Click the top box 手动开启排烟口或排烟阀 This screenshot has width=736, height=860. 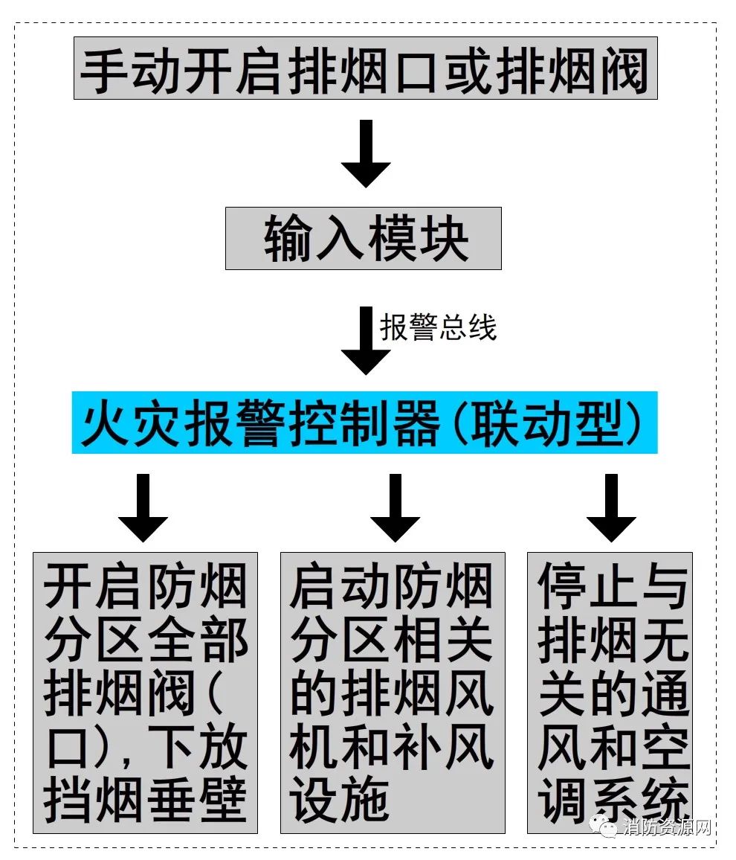click(366, 68)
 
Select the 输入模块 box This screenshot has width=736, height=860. click(364, 238)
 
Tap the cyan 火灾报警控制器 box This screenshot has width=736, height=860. click(364, 423)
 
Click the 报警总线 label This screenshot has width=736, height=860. click(438, 327)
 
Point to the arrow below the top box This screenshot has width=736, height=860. click(366, 153)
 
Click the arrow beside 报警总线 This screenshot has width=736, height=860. click(366, 341)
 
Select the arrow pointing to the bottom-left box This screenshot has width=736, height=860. click(143, 508)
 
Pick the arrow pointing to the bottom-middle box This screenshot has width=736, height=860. click(395, 508)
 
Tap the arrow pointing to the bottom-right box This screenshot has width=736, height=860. click(611, 508)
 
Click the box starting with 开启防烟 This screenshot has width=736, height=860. click(145, 693)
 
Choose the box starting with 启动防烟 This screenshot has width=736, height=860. click(393, 693)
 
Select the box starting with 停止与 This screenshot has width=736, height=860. click(610, 693)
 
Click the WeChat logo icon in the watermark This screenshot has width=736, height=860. click(605, 826)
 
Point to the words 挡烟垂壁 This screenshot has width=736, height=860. click(145, 800)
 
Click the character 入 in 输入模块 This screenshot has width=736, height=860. click(338, 239)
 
